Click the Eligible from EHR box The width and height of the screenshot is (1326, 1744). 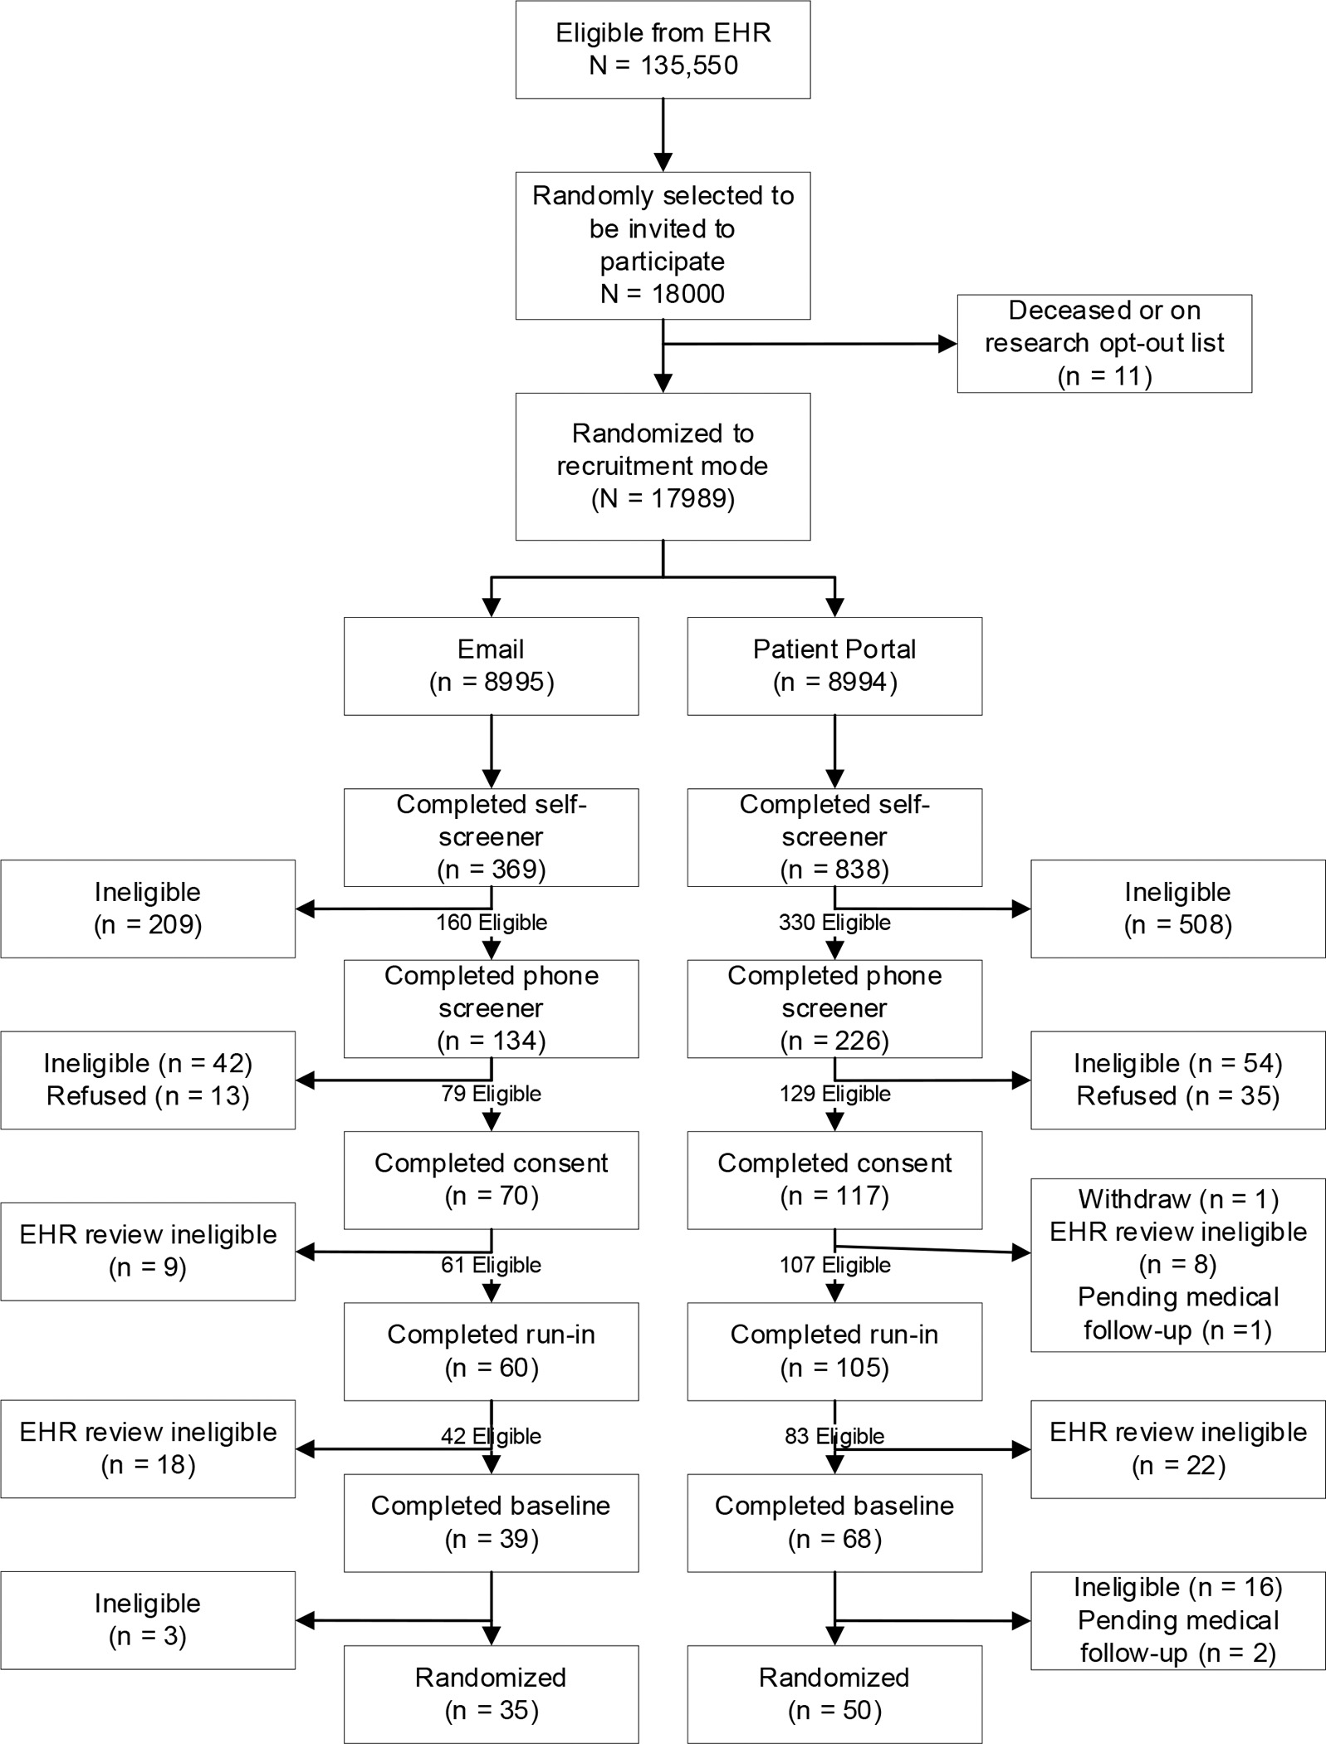click(663, 50)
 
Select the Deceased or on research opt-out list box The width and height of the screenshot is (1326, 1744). click(1103, 343)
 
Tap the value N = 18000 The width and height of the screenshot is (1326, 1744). click(663, 294)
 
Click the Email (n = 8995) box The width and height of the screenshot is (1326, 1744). click(491, 665)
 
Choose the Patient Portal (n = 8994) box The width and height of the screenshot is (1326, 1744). click(834, 665)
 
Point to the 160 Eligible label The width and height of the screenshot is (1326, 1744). click(492, 923)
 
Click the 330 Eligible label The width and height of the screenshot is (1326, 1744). click(834, 923)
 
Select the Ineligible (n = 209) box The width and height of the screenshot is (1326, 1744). click(148, 909)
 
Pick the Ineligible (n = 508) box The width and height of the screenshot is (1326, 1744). click(1177, 909)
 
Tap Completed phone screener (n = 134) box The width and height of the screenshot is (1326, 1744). click(491, 1008)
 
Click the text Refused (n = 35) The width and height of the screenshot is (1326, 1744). click(1177, 1096)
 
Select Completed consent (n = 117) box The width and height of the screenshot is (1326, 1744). click(834, 1179)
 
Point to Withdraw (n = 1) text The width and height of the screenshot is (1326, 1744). click(1177, 1199)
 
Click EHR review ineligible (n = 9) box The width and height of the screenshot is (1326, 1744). click(148, 1251)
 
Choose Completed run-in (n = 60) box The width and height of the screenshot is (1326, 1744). click(491, 1350)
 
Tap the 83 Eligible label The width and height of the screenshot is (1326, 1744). click(834, 1436)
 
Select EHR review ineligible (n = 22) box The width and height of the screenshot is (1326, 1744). click(1177, 1448)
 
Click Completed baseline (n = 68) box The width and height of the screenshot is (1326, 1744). click(834, 1522)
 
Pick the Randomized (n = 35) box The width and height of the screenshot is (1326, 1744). click(491, 1693)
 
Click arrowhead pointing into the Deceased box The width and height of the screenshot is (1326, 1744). click(947, 344)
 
